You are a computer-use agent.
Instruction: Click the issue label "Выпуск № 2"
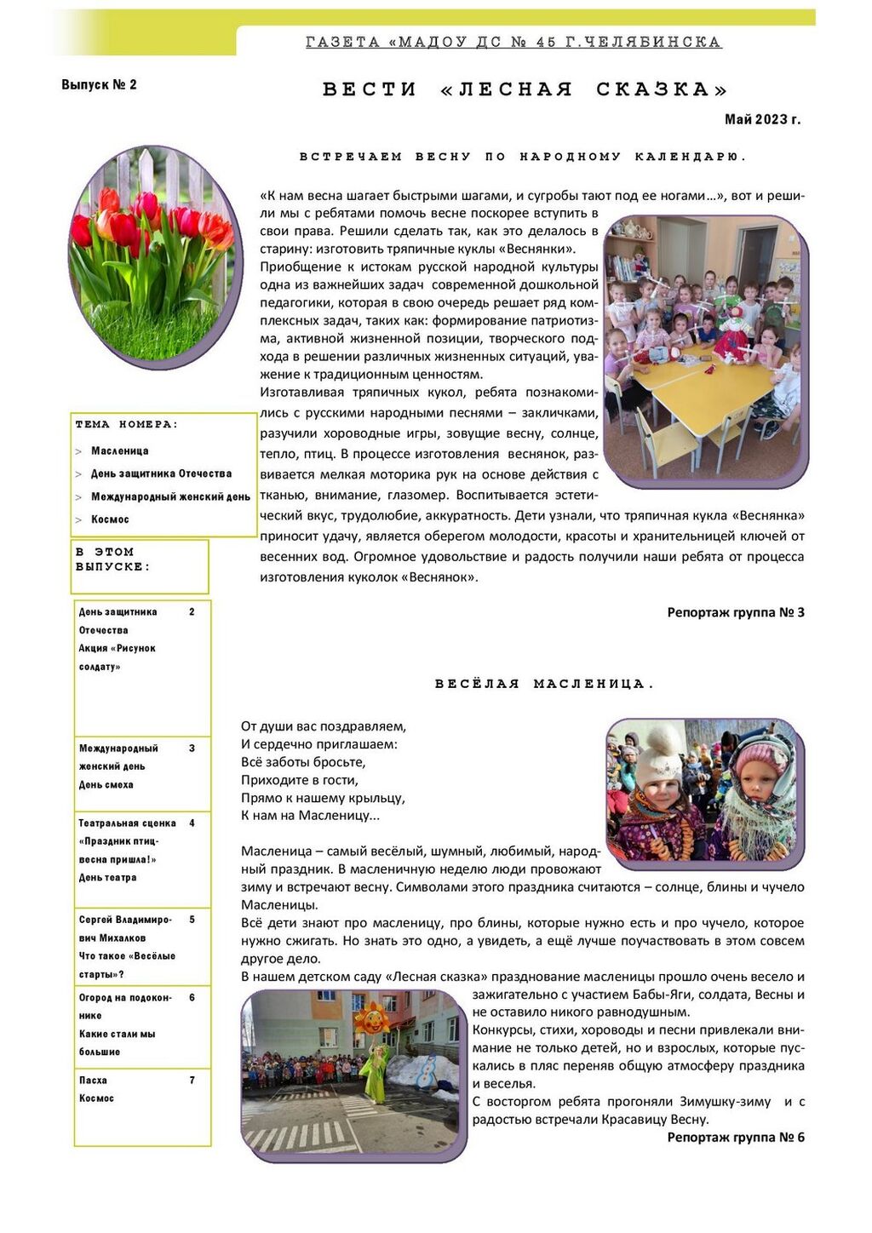tap(99, 84)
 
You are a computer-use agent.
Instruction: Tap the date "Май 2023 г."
tap(762, 119)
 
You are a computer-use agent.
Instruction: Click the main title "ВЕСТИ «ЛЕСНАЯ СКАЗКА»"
tap(525, 89)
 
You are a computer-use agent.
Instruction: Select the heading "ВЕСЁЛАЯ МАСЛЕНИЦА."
tap(544, 684)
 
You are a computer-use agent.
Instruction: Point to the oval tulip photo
tap(154, 256)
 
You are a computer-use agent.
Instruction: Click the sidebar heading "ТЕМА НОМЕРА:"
tap(126, 424)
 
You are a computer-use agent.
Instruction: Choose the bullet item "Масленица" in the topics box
tap(119, 450)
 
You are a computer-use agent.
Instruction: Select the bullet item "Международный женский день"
tap(170, 496)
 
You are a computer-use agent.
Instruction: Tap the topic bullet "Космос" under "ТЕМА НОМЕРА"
tap(110, 519)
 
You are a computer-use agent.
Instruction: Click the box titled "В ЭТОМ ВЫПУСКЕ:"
tap(140, 565)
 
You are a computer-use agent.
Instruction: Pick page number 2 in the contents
tap(192, 611)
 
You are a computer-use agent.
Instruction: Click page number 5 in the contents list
tap(192, 920)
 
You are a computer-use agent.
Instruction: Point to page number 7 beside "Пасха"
tap(192, 1080)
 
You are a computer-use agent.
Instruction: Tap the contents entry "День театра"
tap(107, 877)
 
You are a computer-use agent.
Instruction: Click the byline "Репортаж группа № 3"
tap(735, 612)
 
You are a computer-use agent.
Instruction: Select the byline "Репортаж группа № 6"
tap(735, 1138)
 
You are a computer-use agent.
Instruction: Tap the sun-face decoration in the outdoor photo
tap(371, 1019)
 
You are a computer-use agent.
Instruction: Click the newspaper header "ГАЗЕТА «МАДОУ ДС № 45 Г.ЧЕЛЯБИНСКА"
tap(513, 42)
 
